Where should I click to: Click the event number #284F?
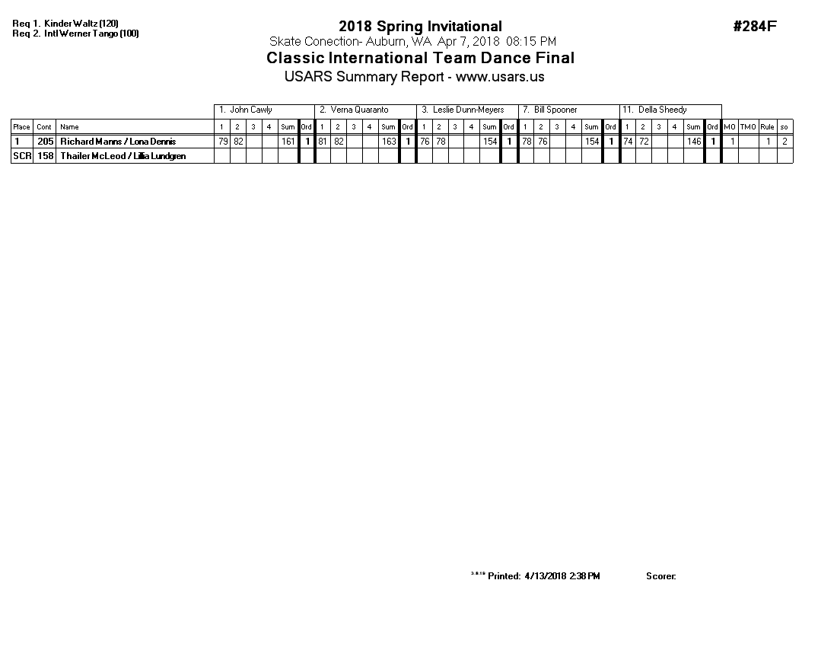tap(754, 27)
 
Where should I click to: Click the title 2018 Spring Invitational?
tap(420, 27)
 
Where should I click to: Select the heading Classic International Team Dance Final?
tap(420, 59)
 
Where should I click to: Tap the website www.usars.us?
tap(500, 77)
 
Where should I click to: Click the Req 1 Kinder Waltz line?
tap(65, 24)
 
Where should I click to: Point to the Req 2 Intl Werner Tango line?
tap(75, 33)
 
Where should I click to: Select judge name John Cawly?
tap(250, 110)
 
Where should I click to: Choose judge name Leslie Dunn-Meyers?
tap(468, 110)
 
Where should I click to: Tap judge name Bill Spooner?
tap(555, 110)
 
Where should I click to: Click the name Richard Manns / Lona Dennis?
tap(118, 142)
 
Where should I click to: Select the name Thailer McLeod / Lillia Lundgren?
tap(123, 156)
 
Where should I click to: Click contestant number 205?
tap(46, 142)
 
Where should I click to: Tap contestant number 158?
tap(46, 156)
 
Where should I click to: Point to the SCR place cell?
tap(22, 156)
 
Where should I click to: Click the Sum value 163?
tap(389, 142)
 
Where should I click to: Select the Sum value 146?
tap(693, 142)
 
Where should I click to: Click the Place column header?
tap(22, 127)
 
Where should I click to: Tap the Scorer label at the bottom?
tap(660, 576)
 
